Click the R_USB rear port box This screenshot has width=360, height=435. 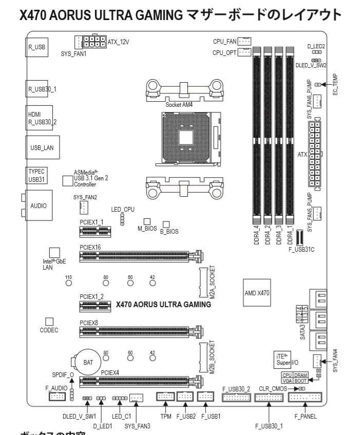[x=36, y=46]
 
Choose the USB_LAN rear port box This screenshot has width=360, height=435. [x=41, y=147]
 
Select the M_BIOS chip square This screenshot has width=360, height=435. [x=147, y=220]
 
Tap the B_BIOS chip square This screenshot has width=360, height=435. [x=166, y=224]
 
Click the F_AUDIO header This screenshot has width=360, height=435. [x=58, y=396]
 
